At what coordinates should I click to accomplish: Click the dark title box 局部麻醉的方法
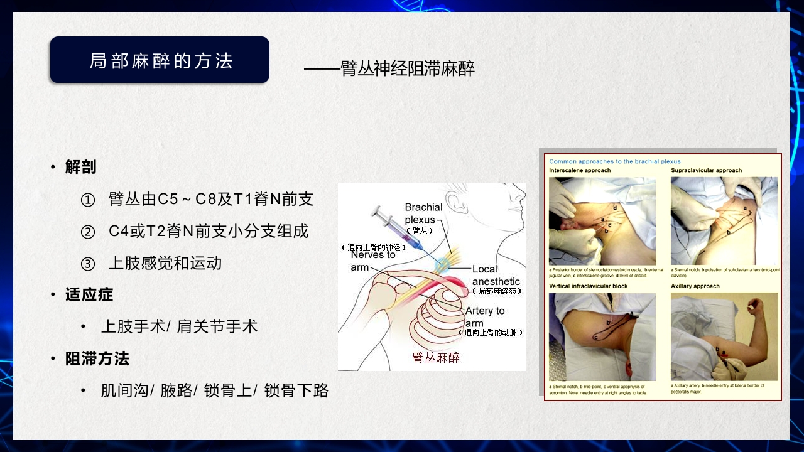160,60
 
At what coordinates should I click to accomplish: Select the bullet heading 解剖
80,167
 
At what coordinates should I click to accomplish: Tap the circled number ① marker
88,200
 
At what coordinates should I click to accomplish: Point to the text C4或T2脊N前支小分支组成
209,231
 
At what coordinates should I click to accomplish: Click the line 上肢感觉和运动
165,263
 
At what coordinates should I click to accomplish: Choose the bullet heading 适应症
89,294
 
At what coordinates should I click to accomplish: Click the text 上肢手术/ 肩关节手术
179,326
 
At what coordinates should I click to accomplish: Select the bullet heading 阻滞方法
97,358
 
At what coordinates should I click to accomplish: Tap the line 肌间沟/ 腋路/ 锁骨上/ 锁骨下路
215,390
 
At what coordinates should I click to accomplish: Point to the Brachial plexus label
423,213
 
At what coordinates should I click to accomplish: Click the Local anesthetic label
496,276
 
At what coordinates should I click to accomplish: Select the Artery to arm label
484,317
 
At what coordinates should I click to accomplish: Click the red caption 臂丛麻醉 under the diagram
435,358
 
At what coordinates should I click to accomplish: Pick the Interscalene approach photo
602,221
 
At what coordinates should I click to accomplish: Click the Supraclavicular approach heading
706,170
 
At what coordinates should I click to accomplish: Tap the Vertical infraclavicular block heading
588,286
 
